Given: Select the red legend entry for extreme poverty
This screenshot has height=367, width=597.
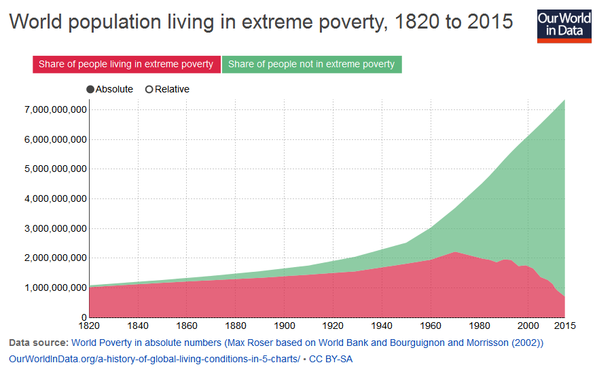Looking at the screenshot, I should (x=126, y=65).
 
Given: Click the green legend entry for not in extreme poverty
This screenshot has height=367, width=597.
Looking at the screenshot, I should (x=312, y=65).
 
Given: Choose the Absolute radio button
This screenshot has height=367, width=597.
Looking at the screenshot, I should (x=90, y=90).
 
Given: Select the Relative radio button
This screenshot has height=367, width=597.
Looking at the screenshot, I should (x=149, y=90).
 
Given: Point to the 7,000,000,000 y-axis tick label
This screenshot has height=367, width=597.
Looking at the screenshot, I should (x=55, y=109).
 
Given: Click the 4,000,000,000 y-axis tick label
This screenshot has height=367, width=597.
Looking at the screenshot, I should (x=55, y=199).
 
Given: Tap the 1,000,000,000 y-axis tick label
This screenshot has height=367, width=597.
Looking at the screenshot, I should (x=55, y=288).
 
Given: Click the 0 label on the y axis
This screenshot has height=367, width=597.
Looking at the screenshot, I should (x=84, y=317).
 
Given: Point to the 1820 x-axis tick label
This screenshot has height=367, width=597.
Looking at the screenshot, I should (x=90, y=326).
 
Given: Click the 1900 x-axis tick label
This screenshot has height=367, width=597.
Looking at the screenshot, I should (x=284, y=326).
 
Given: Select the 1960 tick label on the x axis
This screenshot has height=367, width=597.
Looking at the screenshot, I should (x=430, y=326).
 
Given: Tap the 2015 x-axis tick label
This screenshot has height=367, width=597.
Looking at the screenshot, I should (x=564, y=326).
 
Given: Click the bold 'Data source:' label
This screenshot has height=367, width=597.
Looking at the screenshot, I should (x=39, y=343).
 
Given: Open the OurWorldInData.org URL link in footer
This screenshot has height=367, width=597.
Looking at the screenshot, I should (x=153, y=358).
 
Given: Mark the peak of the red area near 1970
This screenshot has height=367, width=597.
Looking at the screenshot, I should (x=455, y=252).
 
